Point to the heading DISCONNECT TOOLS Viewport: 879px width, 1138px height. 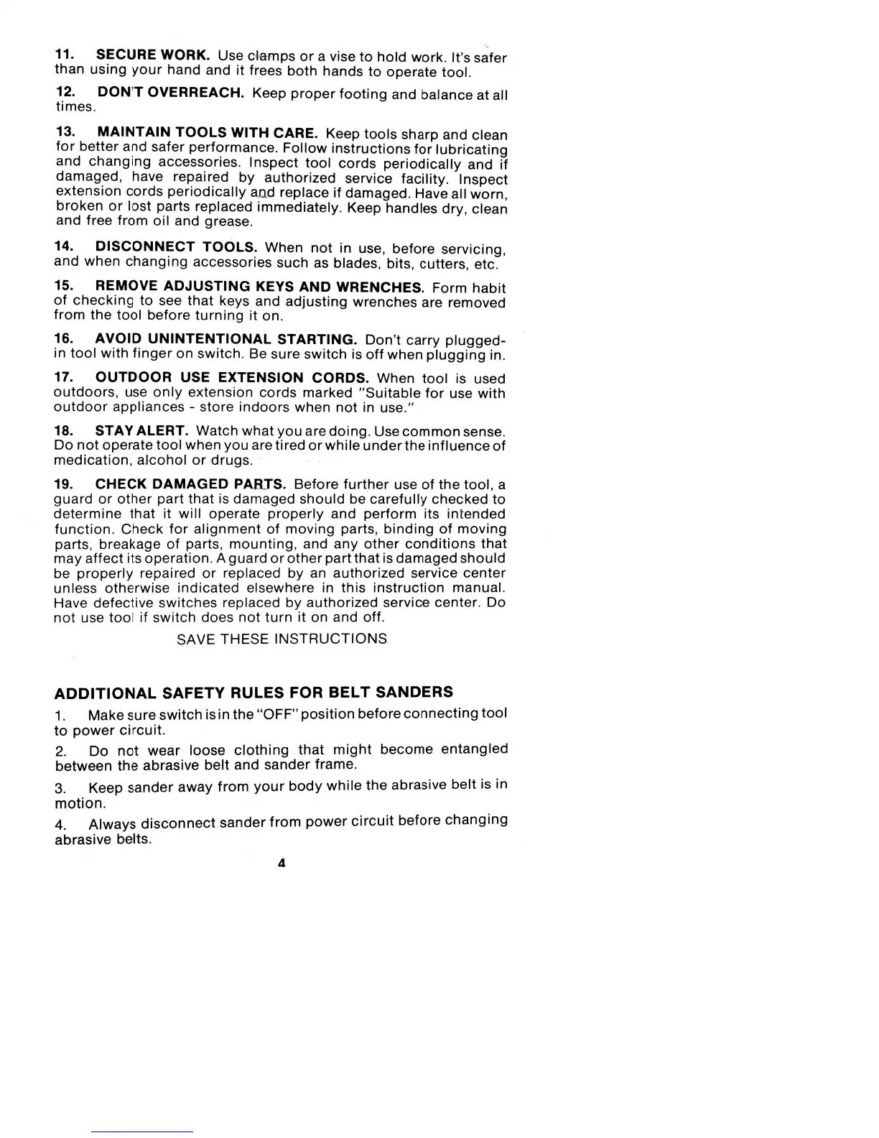click(177, 247)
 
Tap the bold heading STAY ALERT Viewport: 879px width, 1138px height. click(141, 431)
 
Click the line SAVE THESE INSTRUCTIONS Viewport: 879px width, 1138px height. click(282, 639)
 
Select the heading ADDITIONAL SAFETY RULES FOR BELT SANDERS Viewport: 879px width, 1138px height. click(254, 693)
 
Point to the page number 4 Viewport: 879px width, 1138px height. click(282, 864)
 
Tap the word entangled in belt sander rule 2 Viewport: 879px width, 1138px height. click(474, 749)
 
